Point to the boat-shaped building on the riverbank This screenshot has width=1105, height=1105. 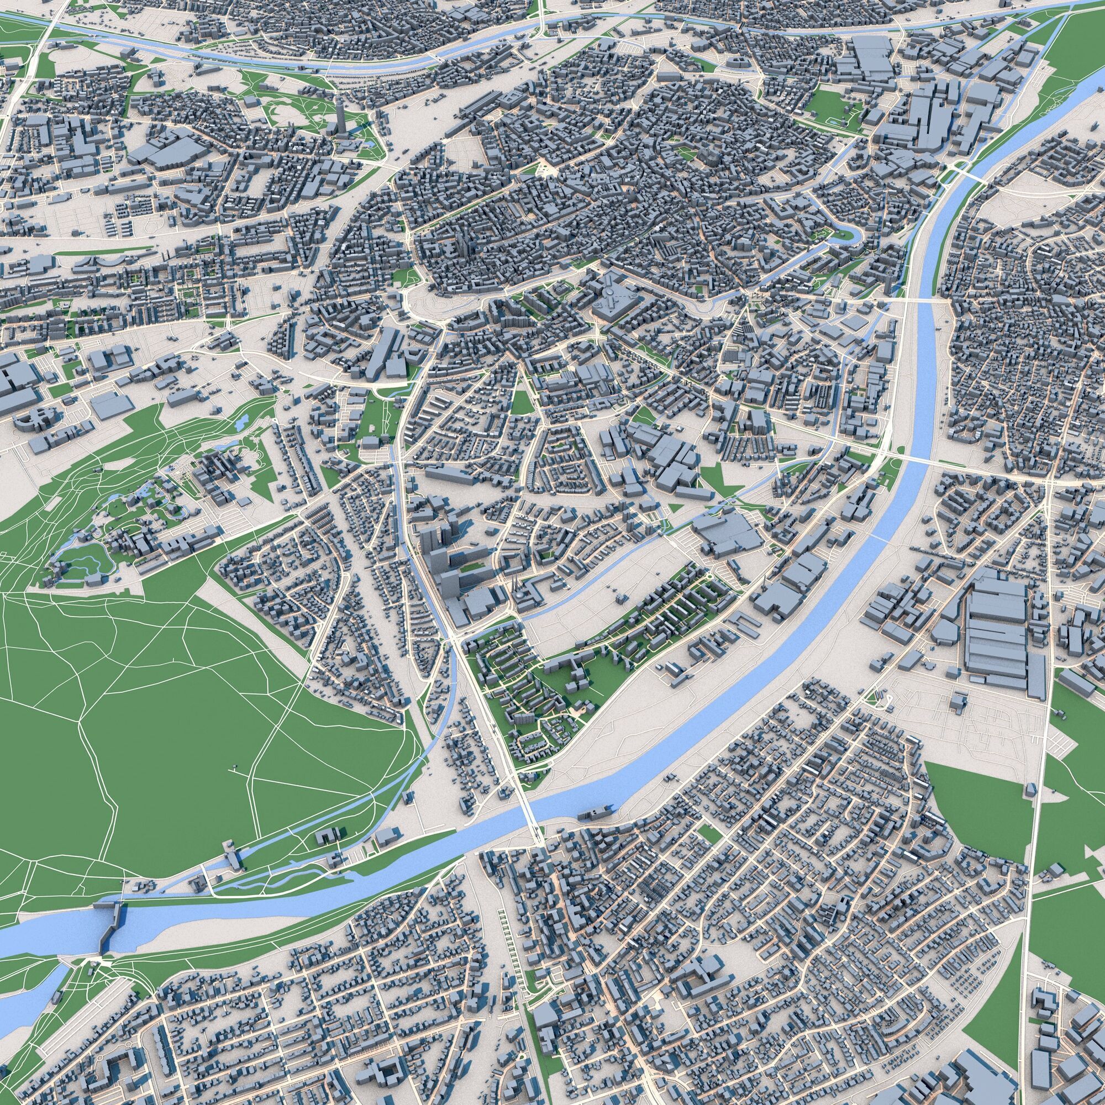[595, 812]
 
